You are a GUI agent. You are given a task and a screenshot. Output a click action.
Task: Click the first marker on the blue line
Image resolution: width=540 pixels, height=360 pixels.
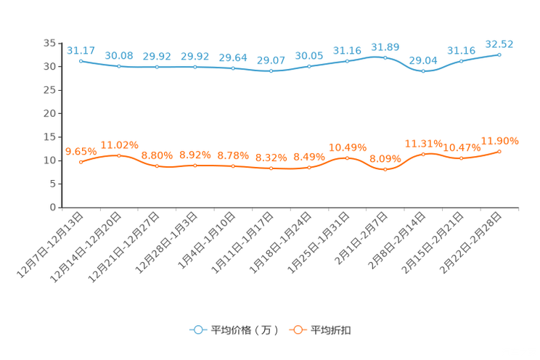81,61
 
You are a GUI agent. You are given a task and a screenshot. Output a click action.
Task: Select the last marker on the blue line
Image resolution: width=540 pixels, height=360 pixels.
499,54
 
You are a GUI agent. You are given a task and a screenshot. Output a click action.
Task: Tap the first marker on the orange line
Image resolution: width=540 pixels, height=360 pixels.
81,162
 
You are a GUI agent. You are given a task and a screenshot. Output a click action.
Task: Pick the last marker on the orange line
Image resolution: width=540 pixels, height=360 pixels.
499,151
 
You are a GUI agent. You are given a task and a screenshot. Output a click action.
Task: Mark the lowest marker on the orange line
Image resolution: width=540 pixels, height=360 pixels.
385,169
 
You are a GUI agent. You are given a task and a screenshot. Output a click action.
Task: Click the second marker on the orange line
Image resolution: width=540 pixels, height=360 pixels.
119,155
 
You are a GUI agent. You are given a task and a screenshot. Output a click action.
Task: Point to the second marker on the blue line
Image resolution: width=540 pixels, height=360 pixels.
119,66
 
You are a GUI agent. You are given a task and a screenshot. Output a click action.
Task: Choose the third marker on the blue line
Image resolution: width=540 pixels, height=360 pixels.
157,67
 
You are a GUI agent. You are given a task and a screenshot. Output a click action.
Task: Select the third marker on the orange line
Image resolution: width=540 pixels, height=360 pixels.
157,166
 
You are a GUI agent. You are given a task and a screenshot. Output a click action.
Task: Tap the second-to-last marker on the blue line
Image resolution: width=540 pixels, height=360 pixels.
462,61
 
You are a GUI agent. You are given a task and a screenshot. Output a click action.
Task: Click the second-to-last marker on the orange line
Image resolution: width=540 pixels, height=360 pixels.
462,157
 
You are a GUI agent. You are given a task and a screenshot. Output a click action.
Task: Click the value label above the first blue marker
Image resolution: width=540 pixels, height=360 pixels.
81,50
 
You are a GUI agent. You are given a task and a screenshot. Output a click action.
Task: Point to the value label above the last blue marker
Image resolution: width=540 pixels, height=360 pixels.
499,44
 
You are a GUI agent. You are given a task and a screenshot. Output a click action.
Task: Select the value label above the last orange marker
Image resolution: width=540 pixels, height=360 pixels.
499,140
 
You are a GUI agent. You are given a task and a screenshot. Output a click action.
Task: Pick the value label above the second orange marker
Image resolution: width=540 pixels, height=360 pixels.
119,144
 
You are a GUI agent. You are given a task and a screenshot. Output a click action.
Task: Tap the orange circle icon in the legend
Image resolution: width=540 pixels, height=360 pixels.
297,330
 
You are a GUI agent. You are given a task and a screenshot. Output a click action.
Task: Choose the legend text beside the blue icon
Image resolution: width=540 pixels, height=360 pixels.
243,330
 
